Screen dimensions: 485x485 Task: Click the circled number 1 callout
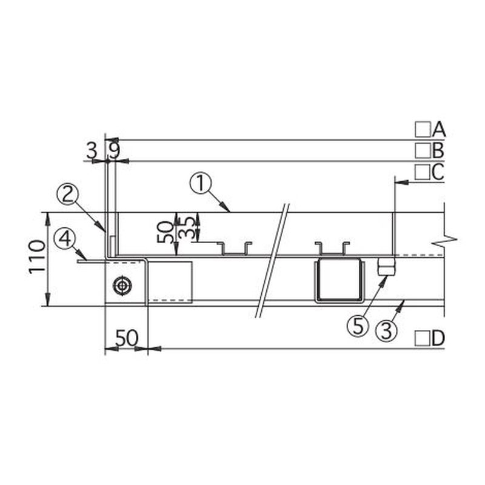[201, 184]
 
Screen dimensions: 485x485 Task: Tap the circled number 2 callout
[68, 195]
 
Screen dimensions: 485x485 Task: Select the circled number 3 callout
[386, 330]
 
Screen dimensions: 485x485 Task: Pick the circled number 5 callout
[358, 326]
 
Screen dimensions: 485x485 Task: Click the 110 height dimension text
[36, 256]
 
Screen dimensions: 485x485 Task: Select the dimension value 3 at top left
[91, 151]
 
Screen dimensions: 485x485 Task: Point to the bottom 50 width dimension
[127, 338]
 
